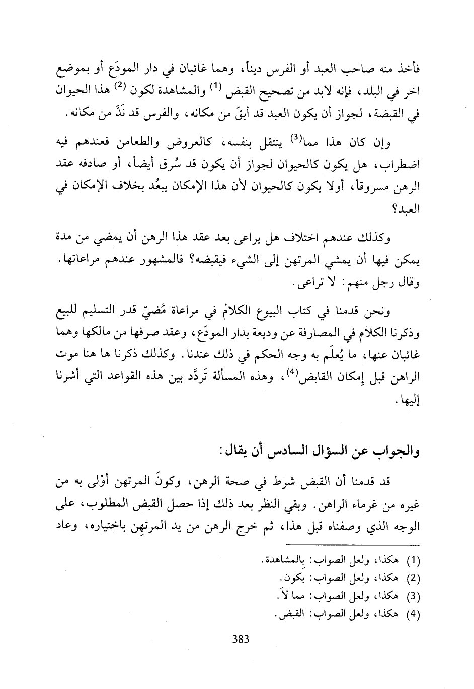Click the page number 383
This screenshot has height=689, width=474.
pyautogui.click(x=241, y=640)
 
